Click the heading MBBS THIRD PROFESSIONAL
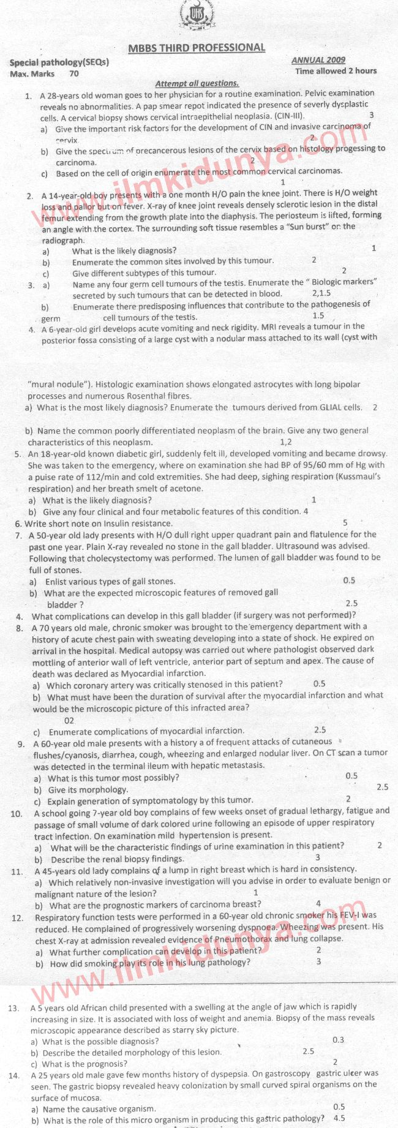[197, 48]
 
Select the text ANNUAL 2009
[318, 60]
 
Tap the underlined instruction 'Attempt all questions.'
[197, 83]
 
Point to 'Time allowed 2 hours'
[336, 71]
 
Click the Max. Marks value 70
[74, 73]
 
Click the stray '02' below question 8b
[69, 721]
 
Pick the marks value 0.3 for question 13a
[338, 1040]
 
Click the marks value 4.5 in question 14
[339, 1118]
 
